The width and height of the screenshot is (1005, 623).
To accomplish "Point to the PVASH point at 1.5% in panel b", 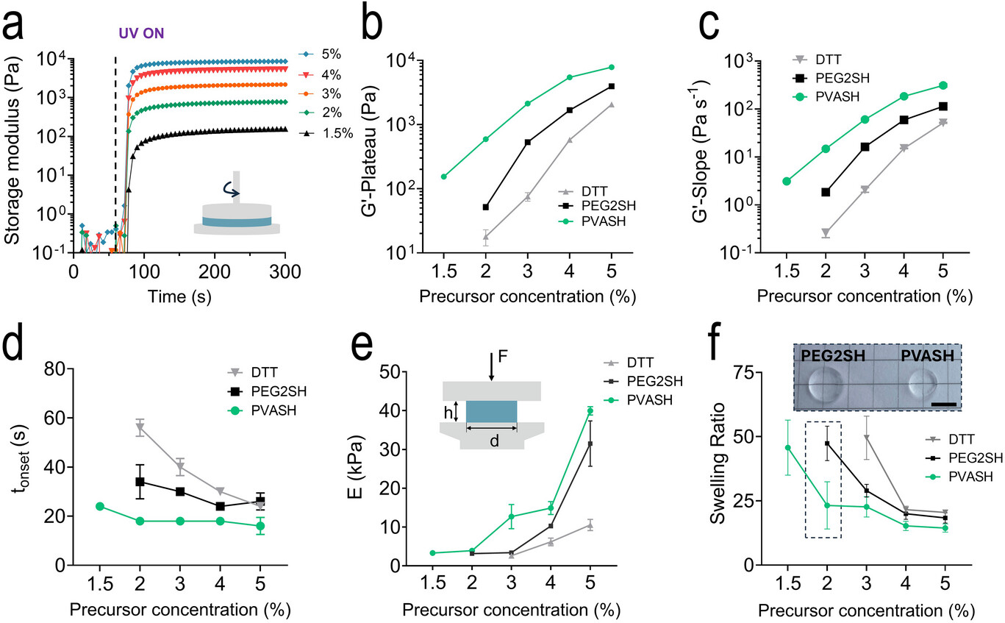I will point(444,177).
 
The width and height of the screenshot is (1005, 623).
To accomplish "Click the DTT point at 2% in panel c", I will point(826,232).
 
